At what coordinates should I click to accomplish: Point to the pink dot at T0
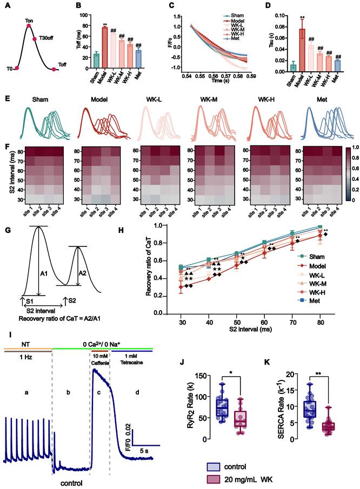pyautogui.click(x=17, y=68)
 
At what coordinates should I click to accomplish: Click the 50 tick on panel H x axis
pyautogui.click(x=236, y=320)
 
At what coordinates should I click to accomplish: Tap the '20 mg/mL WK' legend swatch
pyautogui.click(x=217, y=480)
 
